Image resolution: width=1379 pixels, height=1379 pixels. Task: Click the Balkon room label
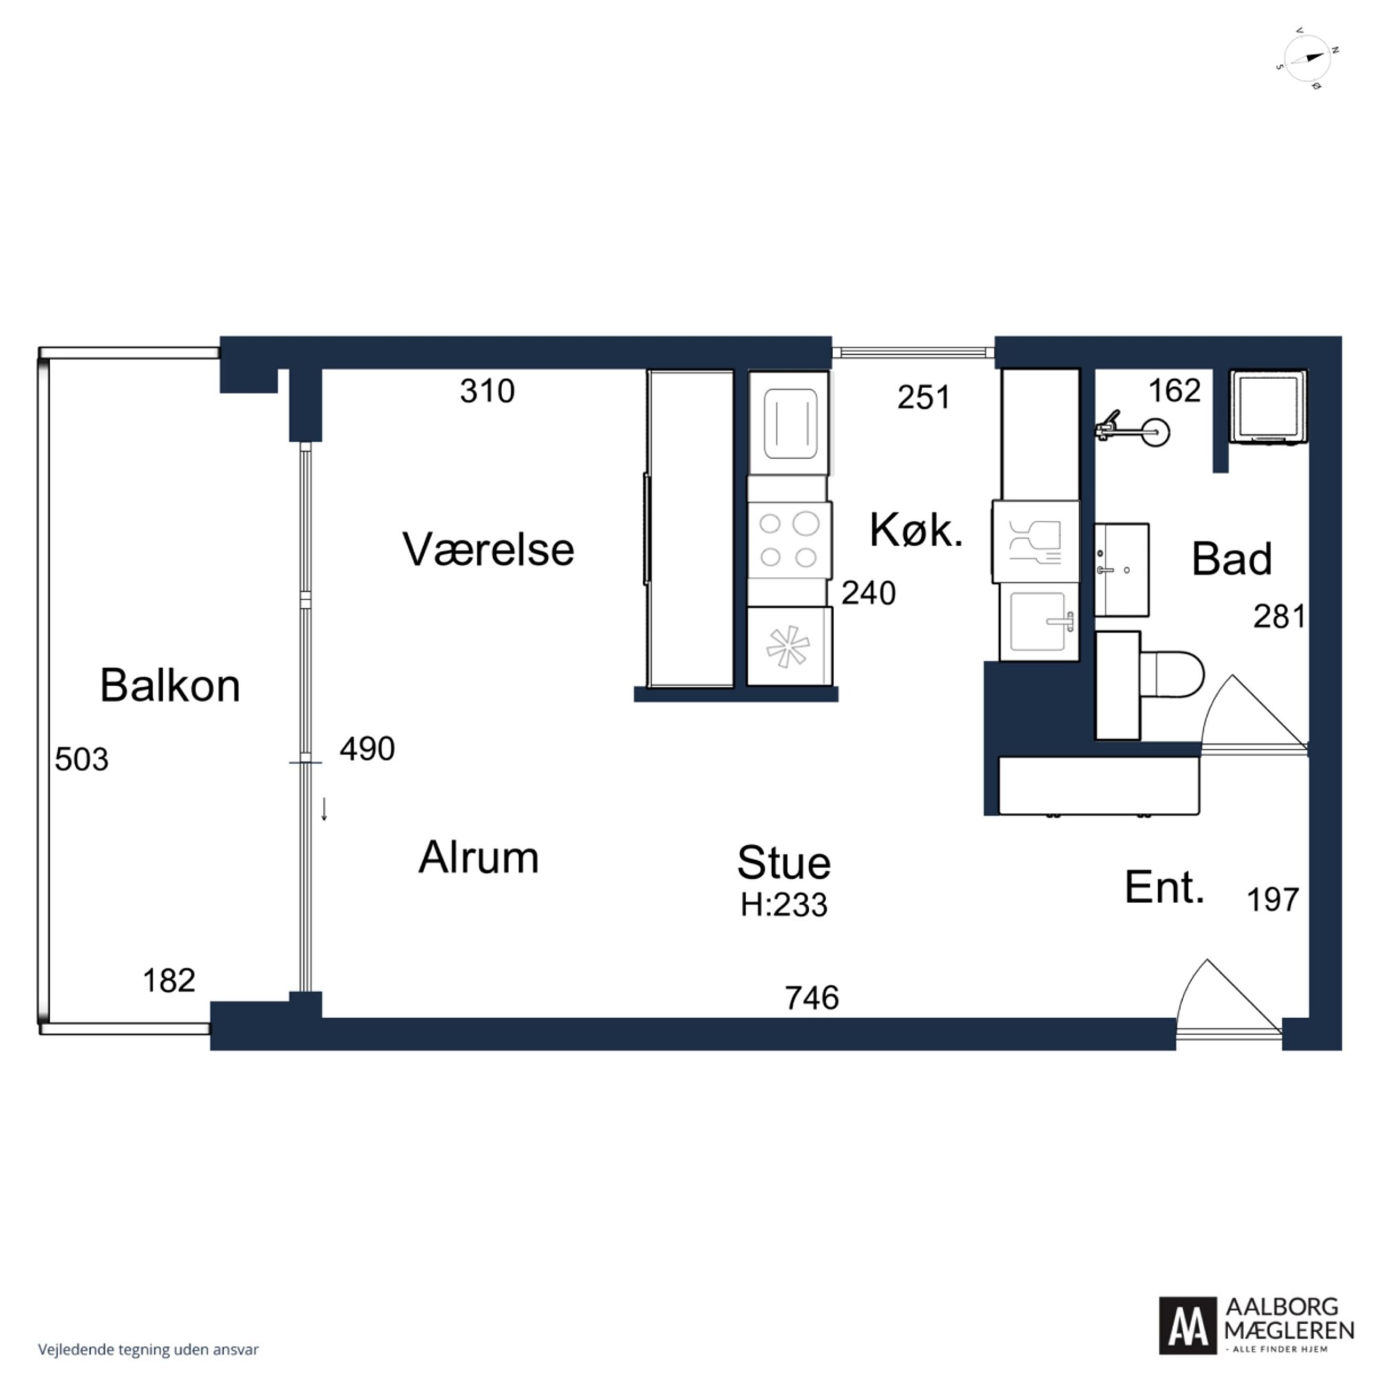click(x=170, y=686)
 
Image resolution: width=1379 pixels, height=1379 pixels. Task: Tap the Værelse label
click(x=488, y=549)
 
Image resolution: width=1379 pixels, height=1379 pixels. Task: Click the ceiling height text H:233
click(x=784, y=905)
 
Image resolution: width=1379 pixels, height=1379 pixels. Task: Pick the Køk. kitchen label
click(x=917, y=530)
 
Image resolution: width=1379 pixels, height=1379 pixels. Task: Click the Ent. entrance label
click(x=1164, y=888)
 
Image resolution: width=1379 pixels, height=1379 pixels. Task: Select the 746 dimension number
click(x=811, y=998)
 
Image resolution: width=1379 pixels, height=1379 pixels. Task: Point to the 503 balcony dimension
click(x=81, y=760)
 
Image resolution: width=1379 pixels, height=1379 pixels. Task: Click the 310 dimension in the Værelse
click(x=487, y=391)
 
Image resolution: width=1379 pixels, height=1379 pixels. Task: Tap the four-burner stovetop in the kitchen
click(x=789, y=540)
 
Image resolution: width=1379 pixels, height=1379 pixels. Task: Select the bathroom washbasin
click(x=1121, y=570)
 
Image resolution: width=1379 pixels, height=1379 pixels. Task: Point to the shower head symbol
click(x=1133, y=430)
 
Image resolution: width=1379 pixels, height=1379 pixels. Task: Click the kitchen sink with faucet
click(x=1039, y=621)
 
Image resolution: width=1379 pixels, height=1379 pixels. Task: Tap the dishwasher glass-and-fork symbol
click(x=1035, y=542)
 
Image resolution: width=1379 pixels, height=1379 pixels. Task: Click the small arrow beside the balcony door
click(x=324, y=809)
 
